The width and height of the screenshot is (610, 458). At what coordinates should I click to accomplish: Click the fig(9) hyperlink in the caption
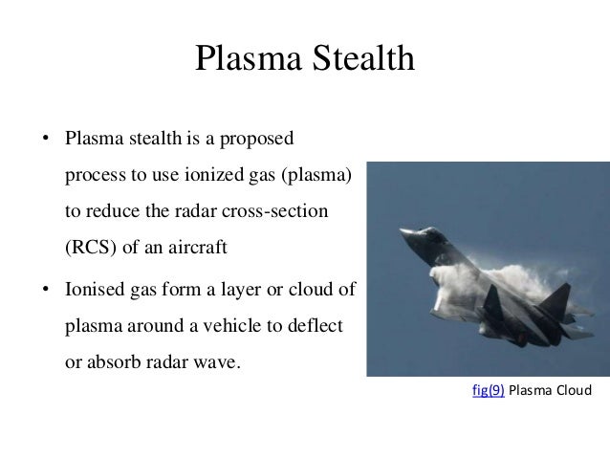(490, 392)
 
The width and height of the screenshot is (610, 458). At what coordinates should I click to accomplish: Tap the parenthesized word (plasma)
(316, 179)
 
